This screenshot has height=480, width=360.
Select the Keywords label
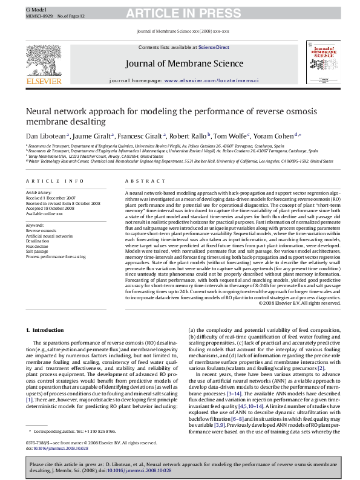(35, 224)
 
